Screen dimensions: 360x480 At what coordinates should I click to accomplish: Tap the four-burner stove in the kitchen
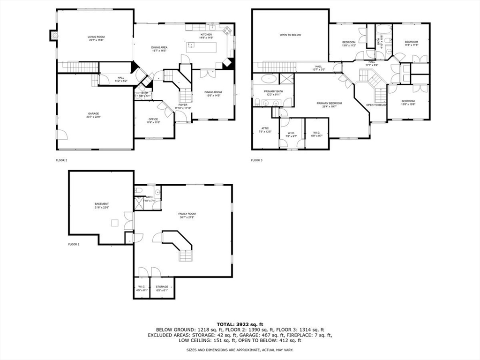coord(227,31)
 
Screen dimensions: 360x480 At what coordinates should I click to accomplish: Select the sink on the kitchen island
coord(191,46)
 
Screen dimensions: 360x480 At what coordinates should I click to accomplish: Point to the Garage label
coord(93,113)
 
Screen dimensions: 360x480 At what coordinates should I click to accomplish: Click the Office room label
coord(153,119)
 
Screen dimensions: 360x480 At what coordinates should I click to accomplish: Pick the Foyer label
coord(183,105)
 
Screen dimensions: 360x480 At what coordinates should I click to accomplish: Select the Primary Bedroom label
coord(329,103)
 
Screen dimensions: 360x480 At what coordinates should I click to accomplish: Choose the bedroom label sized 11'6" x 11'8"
coord(411,42)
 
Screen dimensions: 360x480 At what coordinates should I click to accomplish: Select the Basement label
coord(102,204)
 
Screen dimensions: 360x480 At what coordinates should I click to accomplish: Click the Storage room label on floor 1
coord(162,286)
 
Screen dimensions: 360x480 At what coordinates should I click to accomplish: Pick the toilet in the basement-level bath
coord(139,191)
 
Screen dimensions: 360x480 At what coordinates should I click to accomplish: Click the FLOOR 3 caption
coord(256,160)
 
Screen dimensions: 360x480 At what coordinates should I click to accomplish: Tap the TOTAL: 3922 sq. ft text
coord(240,324)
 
